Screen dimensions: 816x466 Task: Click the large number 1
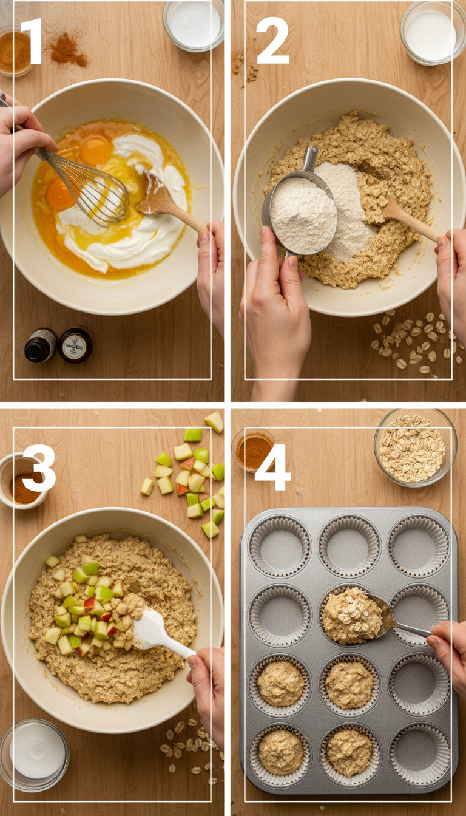(32, 41)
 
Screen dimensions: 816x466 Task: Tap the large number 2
(272, 41)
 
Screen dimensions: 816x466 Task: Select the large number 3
(39, 468)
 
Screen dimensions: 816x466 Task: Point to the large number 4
(272, 467)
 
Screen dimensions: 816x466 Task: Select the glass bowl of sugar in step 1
(193, 25)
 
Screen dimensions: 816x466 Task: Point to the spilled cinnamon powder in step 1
(67, 50)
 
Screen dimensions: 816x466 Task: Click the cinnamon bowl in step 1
(13, 52)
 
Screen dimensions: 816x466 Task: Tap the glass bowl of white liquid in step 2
(430, 33)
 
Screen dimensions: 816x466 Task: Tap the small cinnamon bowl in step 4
(253, 449)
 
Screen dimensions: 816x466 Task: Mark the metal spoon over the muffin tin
(388, 616)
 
